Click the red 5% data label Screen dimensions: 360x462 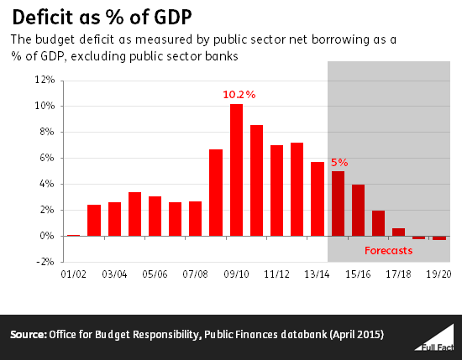point(339,161)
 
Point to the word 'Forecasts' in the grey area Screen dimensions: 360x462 point(389,250)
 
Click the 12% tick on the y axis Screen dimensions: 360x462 point(45,81)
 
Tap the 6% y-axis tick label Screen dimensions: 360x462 point(46,159)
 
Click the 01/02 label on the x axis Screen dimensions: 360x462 point(74,274)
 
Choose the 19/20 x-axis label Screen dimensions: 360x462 point(438,274)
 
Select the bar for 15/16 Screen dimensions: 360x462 point(358,210)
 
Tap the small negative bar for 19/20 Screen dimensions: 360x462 point(438,238)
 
